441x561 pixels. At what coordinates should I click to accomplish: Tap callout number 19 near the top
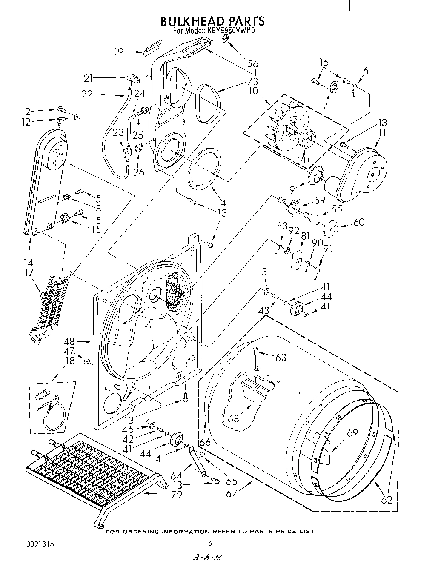point(119,52)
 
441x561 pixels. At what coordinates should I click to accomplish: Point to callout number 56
point(253,64)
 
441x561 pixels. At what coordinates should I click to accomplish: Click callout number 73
point(253,82)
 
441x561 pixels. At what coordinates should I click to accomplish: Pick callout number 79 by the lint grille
point(176,495)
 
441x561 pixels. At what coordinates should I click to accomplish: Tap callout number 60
point(359,222)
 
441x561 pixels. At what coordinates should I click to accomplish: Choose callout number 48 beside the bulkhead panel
point(69,341)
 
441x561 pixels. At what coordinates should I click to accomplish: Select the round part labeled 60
point(331,229)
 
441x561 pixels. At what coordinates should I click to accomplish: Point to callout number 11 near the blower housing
point(383,132)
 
